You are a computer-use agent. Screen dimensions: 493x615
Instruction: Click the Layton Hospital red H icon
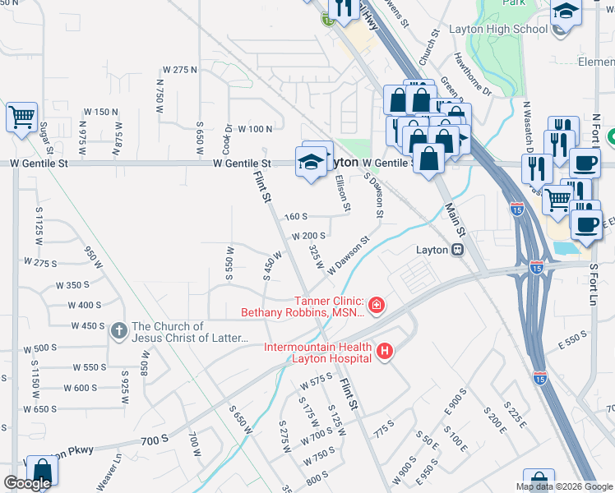(x=384, y=353)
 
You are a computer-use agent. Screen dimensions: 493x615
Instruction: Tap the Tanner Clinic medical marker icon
(x=377, y=306)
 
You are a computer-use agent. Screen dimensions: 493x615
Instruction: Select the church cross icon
(x=120, y=331)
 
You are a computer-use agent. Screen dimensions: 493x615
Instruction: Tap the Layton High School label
(x=498, y=29)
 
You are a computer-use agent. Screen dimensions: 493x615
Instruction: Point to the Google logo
(x=27, y=483)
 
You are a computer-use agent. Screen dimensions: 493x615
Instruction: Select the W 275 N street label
(x=180, y=71)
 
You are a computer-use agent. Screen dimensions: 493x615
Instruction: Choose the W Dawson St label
(x=349, y=256)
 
